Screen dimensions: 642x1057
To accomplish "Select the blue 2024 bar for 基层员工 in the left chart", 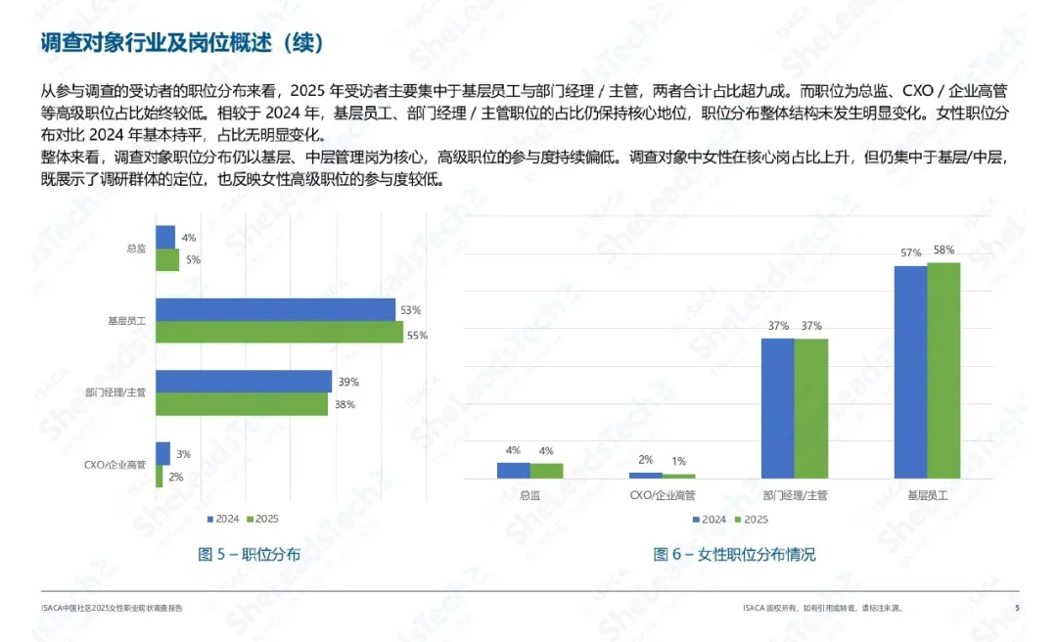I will [275, 309].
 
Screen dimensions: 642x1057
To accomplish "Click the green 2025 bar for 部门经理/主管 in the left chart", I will [242, 404].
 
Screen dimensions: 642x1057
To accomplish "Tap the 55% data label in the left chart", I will [418, 335].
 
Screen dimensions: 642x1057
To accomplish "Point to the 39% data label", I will [348, 382].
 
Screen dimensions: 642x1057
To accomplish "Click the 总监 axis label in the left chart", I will [136, 250].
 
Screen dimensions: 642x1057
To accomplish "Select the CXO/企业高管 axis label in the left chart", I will [115, 465].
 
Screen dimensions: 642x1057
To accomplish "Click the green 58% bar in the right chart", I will [943, 371].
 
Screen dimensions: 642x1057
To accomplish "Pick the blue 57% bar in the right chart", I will [910, 372].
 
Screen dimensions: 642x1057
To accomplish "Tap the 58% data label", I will [943, 250].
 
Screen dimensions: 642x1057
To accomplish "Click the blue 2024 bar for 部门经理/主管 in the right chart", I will [778, 408].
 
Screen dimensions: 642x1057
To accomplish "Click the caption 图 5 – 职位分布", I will [250, 555].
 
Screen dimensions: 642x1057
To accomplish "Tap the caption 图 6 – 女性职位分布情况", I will [734, 555].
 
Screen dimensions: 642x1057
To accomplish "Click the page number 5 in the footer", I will [1017, 608].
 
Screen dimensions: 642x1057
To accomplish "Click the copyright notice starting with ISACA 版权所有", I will [822, 608].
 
